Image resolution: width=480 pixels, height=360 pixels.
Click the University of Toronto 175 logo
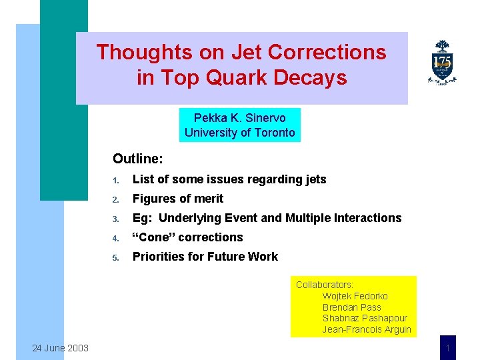(442, 63)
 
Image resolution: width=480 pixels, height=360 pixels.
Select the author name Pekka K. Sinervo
(239, 117)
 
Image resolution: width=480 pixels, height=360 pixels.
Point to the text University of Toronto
(239, 132)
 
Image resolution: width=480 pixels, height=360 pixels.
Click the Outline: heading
(138, 159)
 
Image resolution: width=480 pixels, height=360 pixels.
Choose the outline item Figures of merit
(178, 199)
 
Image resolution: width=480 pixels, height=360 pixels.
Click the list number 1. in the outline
(115, 180)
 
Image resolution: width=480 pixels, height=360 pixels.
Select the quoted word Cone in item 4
(151, 237)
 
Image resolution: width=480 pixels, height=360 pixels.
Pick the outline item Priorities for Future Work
(205, 257)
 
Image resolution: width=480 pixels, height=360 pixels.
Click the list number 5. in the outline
(115, 257)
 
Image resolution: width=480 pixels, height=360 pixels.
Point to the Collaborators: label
(325, 285)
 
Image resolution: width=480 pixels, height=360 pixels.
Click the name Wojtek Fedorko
(355, 296)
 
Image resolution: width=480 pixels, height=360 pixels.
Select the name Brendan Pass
(353, 307)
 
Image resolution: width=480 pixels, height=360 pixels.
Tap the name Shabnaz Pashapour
(365, 319)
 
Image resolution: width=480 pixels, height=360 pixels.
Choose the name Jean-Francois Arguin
(367, 330)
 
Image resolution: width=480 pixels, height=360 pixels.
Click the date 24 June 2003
(60, 347)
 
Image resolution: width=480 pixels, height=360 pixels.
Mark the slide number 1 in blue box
(448, 348)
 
